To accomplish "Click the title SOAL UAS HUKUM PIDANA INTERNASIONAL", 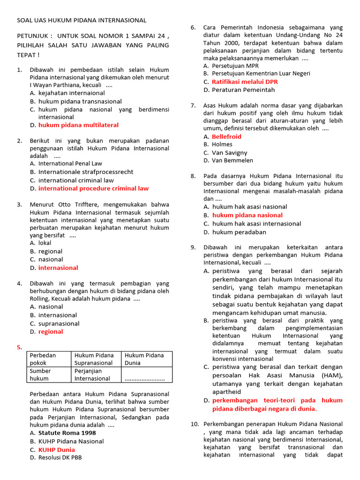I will (x=82, y=20).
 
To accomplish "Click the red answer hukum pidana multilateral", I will (x=78, y=125).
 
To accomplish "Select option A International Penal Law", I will (x=70, y=164).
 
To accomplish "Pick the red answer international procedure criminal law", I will (x=93, y=188).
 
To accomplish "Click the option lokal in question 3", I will (x=45, y=243).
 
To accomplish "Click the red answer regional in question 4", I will (x=50, y=331).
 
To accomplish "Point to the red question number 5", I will (x=19, y=347).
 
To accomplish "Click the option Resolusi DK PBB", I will (x=60, y=457).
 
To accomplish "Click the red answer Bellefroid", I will (x=226, y=136).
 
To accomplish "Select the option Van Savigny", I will (x=229, y=152).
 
